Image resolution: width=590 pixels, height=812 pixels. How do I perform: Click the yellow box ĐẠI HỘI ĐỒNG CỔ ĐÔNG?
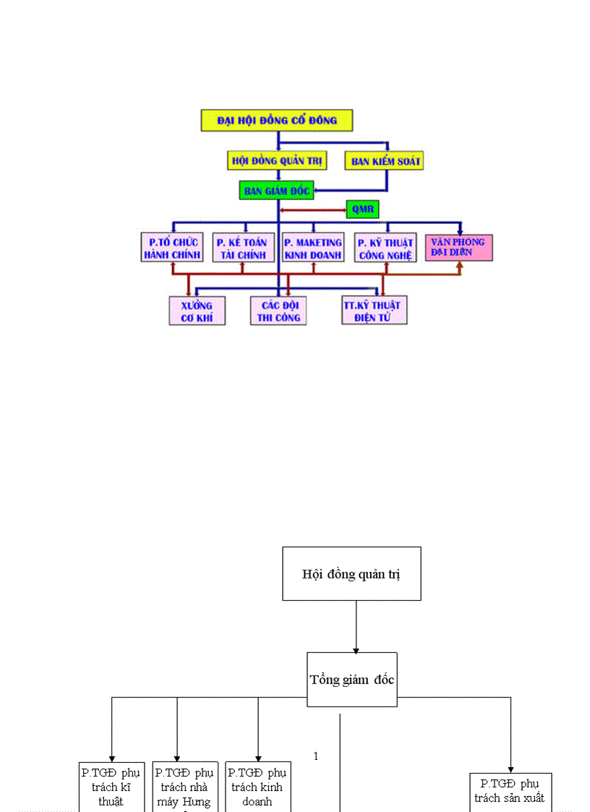(276, 120)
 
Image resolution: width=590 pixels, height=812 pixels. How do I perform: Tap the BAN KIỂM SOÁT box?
(385, 161)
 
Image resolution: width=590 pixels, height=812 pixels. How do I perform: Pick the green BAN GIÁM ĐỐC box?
(277, 191)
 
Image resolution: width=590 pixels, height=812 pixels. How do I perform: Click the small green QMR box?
(362, 210)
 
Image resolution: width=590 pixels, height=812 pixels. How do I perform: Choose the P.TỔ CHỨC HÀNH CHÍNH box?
(172, 248)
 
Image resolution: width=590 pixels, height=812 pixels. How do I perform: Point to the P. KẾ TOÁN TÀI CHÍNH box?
(243, 248)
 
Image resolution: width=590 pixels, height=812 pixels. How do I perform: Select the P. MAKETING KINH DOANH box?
(312, 248)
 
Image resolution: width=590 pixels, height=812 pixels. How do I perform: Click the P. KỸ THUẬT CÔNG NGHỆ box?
(385, 248)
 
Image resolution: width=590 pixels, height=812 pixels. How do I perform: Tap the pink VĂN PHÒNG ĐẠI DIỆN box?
(458, 247)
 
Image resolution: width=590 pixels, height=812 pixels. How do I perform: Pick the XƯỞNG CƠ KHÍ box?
(197, 311)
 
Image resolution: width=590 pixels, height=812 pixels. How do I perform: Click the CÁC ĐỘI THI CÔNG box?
(278, 311)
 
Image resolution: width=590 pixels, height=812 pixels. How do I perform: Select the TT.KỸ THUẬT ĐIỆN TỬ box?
(374, 311)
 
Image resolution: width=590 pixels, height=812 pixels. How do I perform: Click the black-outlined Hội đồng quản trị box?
(351, 574)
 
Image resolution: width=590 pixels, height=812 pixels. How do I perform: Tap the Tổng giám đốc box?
(351, 680)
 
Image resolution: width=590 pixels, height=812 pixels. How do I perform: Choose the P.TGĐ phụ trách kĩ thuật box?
(111, 787)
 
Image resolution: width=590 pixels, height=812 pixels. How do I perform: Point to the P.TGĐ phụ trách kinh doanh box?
(257, 787)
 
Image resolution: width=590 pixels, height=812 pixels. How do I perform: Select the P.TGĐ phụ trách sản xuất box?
(510, 792)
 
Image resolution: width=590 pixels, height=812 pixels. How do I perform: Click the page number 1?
(316, 756)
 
